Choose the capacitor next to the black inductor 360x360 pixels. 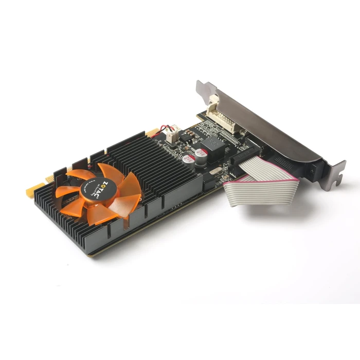(201, 153)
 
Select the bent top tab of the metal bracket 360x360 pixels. (205, 88)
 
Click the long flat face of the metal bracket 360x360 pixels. (267, 123)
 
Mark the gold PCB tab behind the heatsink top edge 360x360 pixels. (152, 132)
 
